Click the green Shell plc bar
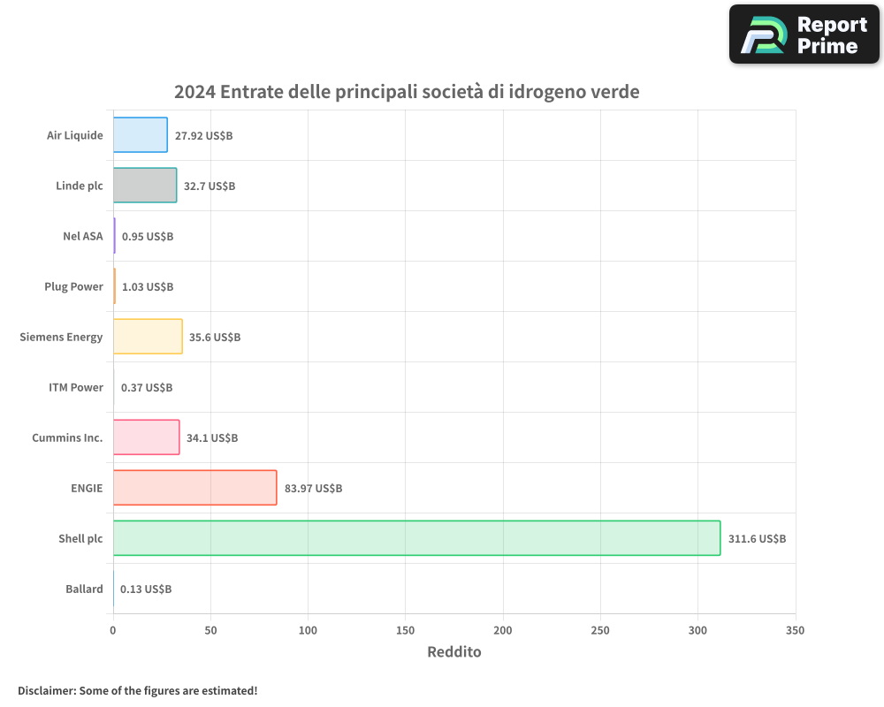[x=416, y=538]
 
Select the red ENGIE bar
[x=194, y=488]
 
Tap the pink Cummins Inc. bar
[x=146, y=437]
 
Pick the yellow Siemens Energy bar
[x=148, y=337]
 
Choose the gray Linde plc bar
[x=145, y=186]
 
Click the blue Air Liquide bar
[x=140, y=135]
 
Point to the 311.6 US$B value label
[x=757, y=539]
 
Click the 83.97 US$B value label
[x=313, y=489]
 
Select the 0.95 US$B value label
[x=148, y=237]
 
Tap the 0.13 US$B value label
[x=146, y=589]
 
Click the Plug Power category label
[x=73, y=287]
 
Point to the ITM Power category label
[x=76, y=388]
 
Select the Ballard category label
[x=84, y=589]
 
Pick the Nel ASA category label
[x=83, y=237]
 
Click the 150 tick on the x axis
[x=405, y=631]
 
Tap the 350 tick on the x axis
[x=795, y=631]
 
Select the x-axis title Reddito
[x=454, y=652]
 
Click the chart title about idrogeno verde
[x=407, y=92]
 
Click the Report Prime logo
[x=804, y=34]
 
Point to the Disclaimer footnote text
[x=137, y=690]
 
